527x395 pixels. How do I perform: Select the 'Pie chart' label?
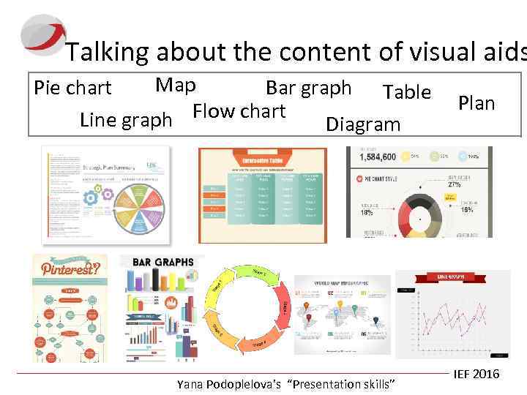point(72,88)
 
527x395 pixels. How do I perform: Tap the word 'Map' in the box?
point(176,85)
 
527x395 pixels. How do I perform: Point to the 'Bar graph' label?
point(308,88)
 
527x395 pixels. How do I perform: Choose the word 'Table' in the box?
point(406,91)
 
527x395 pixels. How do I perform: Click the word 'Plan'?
point(476,103)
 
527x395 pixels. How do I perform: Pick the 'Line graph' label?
point(126,118)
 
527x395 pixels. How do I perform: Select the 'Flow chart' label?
point(239,111)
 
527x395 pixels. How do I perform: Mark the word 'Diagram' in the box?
point(363,124)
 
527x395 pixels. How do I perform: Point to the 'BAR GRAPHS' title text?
point(162,262)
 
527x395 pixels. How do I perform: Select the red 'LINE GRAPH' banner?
point(452,278)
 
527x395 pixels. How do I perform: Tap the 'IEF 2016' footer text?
point(476,374)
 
